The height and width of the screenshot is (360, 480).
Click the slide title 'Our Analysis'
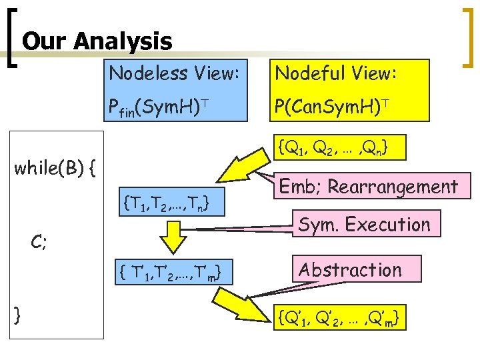pos(97,41)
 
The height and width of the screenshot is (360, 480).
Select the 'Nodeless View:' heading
pos(173,73)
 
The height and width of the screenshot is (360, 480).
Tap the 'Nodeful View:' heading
pos(337,73)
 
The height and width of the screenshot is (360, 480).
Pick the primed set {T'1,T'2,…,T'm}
pos(168,271)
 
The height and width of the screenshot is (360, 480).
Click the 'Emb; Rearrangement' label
pos(367,187)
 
